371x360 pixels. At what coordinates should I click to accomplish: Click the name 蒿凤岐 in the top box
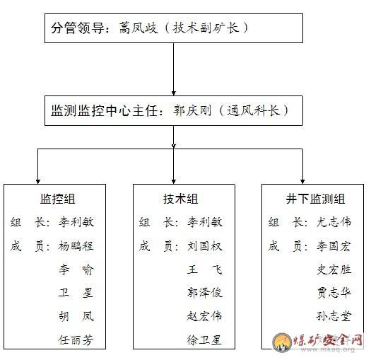(x=139, y=28)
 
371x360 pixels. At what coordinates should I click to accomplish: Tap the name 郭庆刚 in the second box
(x=192, y=110)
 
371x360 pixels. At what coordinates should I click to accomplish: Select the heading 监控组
(x=57, y=199)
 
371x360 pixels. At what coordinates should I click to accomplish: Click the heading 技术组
(x=180, y=199)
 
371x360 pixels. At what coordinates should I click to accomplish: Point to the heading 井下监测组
(x=315, y=199)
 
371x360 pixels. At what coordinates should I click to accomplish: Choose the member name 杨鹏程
(x=76, y=246)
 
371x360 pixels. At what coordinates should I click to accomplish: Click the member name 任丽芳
(x=76, y=340)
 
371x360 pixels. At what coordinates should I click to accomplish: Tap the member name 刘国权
(x=205, y=246)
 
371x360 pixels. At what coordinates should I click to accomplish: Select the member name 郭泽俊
(x=205, y=293)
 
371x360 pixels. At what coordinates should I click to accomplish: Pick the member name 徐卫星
(x=204, y=340)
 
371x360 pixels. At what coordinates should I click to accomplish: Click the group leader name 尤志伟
(x=334, y=222)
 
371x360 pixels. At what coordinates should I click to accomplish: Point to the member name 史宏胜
(x=334, y=269)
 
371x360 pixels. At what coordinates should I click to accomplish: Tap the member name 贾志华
(x=334, y=293)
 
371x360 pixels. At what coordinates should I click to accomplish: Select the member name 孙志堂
(x=334, y=316)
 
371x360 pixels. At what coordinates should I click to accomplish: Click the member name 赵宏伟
(x=205, y=316)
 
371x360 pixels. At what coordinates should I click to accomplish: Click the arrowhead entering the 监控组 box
(x=38, y=182)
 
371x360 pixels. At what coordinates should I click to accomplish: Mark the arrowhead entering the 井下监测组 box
(x=302, y=182)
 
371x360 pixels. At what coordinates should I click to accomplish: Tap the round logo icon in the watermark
(x=282, y=342)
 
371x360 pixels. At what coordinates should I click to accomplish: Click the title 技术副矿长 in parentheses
(x=206, y=28)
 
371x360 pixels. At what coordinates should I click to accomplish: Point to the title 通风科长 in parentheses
(x=253, y=110)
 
